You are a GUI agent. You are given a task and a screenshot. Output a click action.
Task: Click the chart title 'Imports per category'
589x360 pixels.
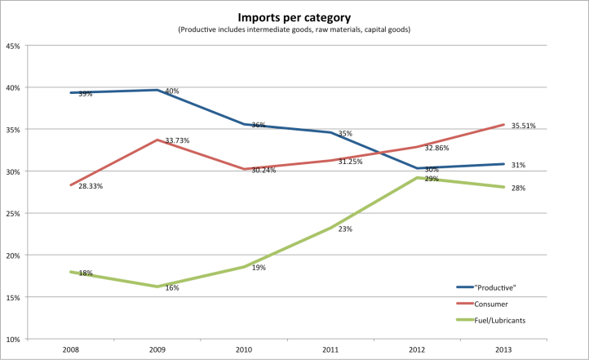tap(294, 16)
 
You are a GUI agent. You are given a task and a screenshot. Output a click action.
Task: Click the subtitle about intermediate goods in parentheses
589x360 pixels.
tap(294, 29)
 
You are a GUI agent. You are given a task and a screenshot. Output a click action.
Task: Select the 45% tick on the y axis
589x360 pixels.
tap(13, 46)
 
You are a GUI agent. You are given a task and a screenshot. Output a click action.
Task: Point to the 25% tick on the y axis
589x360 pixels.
tap(13, 213)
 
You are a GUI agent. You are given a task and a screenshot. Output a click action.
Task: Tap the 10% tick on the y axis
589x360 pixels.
tap(13, 339)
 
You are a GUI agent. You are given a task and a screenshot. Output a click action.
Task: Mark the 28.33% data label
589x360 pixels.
tap(91, 186)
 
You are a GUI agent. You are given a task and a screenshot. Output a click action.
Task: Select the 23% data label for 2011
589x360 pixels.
tap(345, 229)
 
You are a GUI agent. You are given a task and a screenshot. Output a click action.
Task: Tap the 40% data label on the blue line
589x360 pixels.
tap(172, 91)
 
